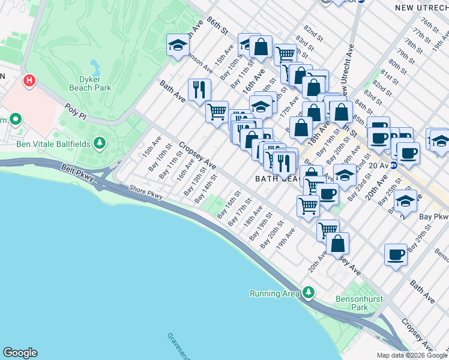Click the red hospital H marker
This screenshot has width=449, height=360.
click(x=28, y=80)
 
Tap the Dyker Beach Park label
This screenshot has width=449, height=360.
click(x=95, y=83)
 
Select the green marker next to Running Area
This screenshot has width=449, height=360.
click(x=309, y=293)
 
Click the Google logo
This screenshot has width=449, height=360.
click(x=20, y=353)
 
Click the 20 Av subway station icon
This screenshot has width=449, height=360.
click(x=394, y=165)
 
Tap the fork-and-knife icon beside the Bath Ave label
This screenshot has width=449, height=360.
click(x=199, y=90)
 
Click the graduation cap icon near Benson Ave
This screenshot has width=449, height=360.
click(x=178, y=45)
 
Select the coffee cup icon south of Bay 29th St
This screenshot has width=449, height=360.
click(x=396, y=254)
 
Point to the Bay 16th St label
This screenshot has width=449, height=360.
click(x=229, y=205)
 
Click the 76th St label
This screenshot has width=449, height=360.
click(x=430, y=28)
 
